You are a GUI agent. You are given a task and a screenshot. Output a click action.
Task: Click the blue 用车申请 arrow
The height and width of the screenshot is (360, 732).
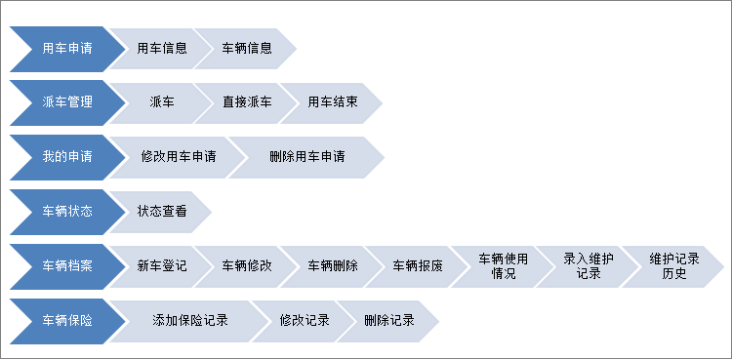pyautogui.click(x=66, y=48)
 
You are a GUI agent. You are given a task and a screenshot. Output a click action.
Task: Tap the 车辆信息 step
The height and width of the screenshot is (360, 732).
pyautogui.click(x=246, y=48)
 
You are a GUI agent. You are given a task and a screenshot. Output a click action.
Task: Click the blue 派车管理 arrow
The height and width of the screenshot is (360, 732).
pyautogui.click(x=66, y=102)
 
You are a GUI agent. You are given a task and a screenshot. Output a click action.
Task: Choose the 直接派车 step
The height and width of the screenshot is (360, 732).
pyautogui.click(x=246, y=102)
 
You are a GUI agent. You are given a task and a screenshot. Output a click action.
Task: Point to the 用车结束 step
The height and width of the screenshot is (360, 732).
pyautogui.click(x=332, y=102)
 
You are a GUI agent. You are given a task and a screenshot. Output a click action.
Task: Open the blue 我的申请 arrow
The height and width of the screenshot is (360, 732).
pyautogui.click(x=66, y=157)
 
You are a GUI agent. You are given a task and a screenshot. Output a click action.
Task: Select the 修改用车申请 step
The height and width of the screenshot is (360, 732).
pyautogui.click(x=178, y=157)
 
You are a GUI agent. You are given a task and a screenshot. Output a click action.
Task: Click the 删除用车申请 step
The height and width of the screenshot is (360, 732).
pyautogui.click(x=307, y=157)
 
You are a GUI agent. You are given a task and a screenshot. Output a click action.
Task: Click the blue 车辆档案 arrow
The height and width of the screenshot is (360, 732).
pyautogui.click(x=66, y=266)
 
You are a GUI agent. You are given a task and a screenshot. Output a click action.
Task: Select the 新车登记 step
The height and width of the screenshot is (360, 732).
pyautogui.click(x=162, y=266)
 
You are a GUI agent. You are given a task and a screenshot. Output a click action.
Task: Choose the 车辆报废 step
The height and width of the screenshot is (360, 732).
pyautogui.click(x=418, y=266)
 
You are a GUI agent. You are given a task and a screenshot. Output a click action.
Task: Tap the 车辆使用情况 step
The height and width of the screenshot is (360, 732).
pyautogui.click(x=503, y=266)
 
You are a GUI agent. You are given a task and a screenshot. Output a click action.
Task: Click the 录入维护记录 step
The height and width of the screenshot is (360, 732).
pyautogui.click(x=589, y=266)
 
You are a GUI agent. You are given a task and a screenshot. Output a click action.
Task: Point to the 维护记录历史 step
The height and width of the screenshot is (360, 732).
pyautogui.click(x=673, y=266)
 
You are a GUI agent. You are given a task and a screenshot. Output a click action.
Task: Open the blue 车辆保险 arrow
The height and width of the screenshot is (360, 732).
pyautogui.click(x=66, y=321)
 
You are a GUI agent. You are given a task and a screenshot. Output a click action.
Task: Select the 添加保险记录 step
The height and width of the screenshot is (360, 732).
pyautogui.click(x=189, y=321)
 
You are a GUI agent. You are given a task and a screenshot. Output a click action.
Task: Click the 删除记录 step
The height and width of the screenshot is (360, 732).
pyautogui.click(x=388, y=321)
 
